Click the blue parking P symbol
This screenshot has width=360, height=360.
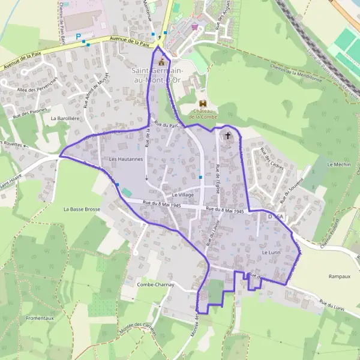78,37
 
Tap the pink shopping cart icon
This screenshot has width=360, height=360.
194,26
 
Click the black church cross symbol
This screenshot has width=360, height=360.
227,136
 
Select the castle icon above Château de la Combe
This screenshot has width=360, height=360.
202,104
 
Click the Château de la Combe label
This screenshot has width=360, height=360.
203,113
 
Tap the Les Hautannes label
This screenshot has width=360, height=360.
126,159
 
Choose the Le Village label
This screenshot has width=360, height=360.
184,195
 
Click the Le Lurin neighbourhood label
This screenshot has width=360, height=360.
272,253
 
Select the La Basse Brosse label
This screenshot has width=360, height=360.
82,209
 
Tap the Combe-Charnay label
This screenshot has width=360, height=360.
155,284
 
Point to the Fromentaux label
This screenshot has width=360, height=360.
40,317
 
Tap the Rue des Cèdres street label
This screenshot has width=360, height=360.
271,159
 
